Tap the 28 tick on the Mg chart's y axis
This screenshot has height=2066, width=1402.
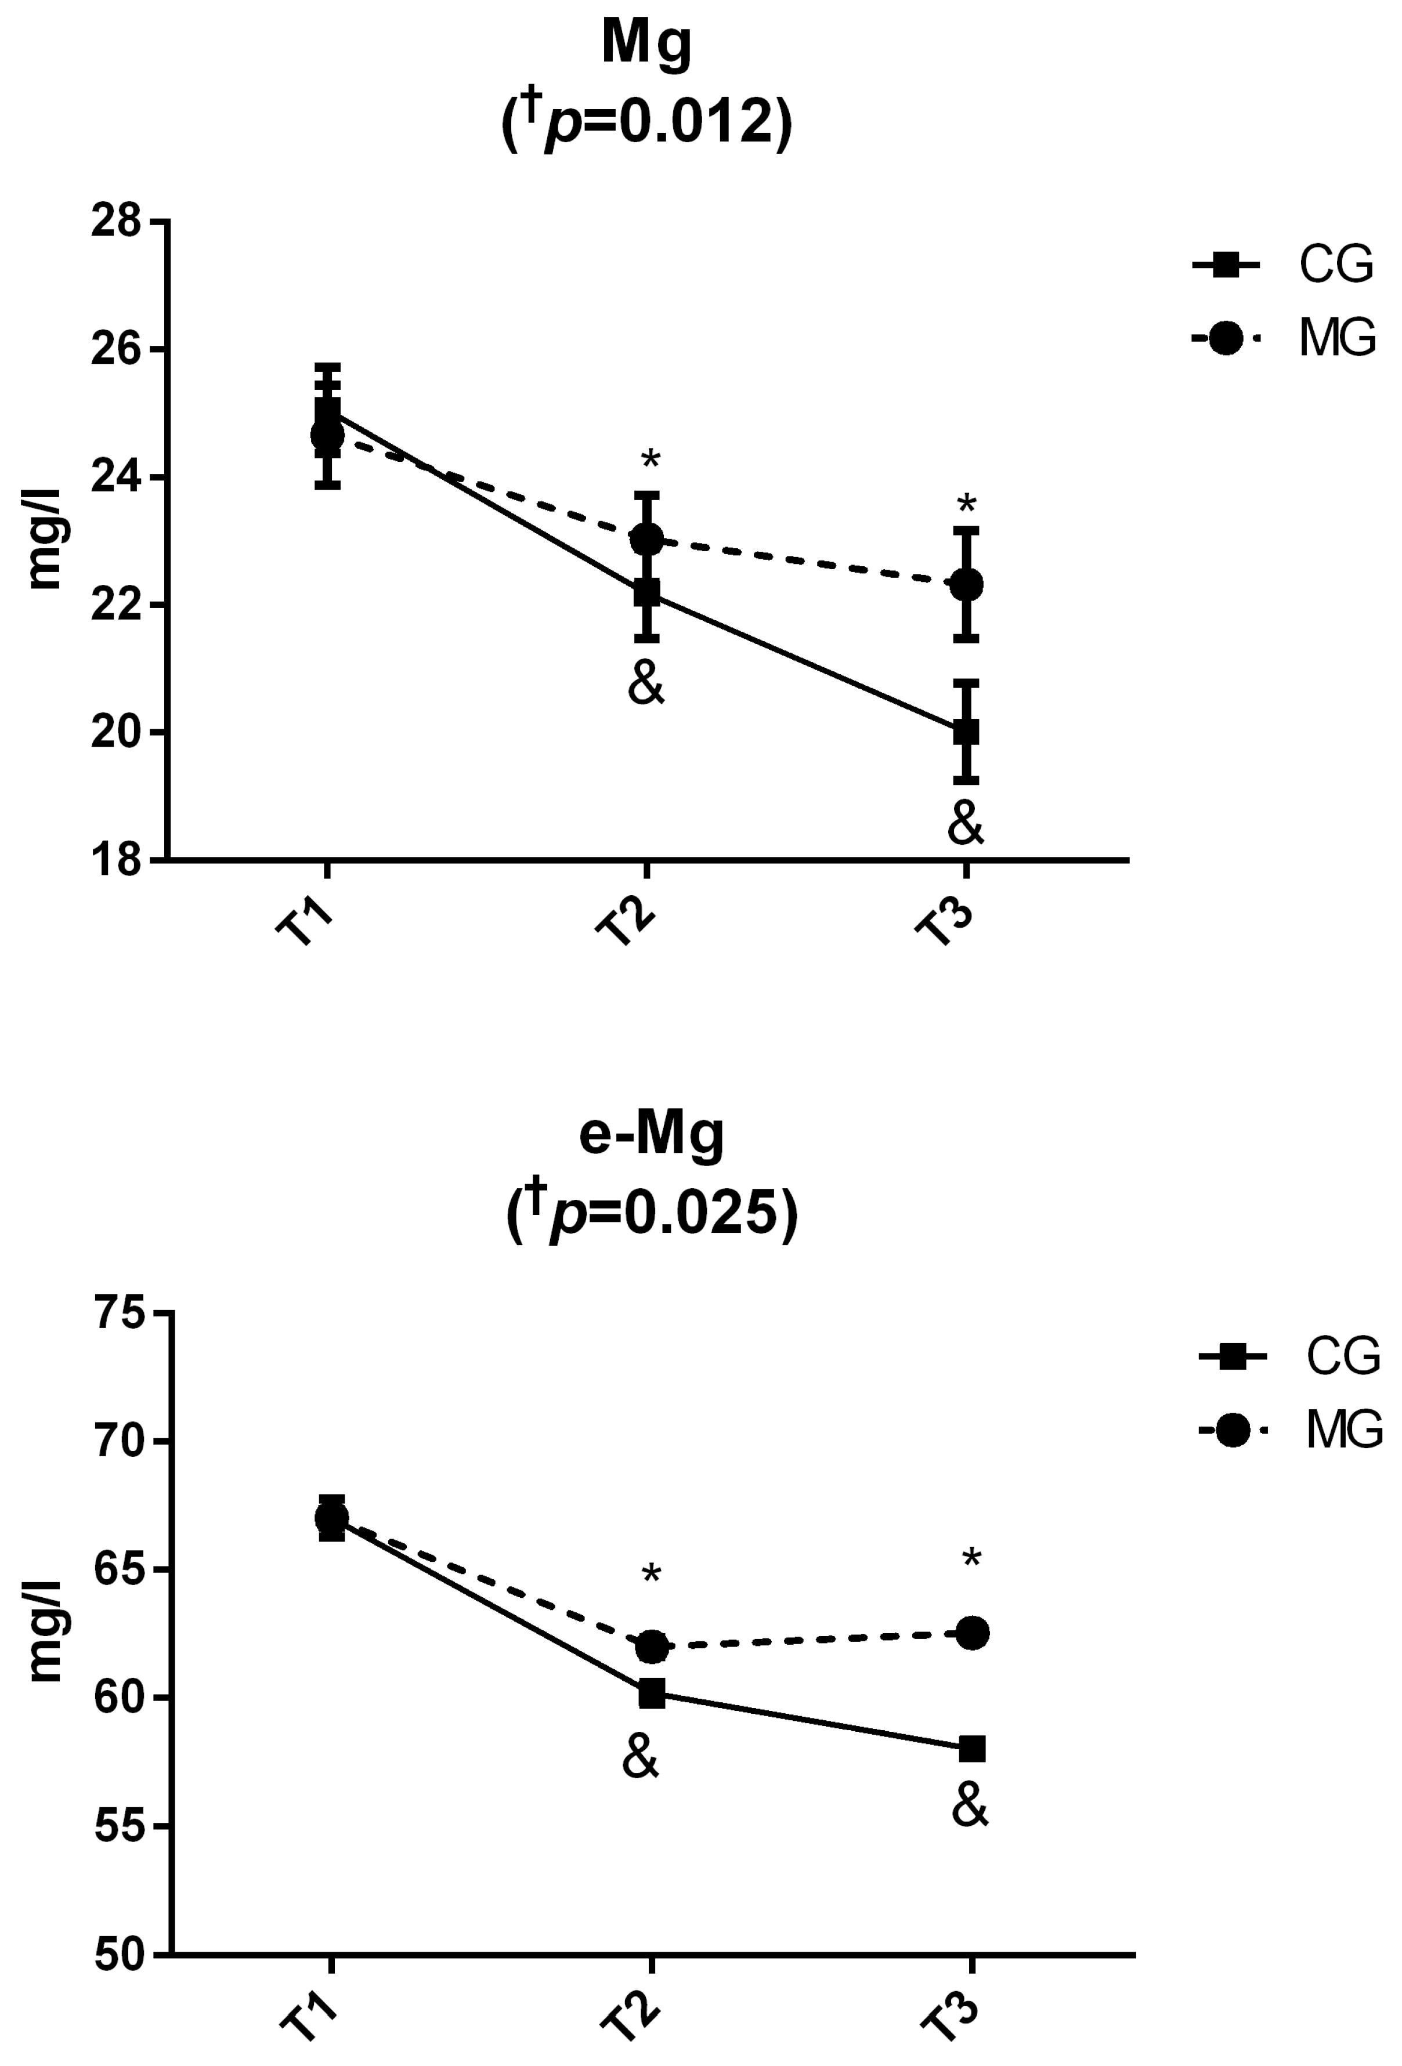(117, 222)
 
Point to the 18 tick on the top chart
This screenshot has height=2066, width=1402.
(117, 860)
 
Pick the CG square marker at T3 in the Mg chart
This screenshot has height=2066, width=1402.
(966, 732)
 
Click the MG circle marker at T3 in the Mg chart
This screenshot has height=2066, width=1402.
(966, 585)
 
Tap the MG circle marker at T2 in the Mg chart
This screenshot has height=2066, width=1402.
(646, 539)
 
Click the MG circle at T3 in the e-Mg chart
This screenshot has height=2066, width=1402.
(972, 1632)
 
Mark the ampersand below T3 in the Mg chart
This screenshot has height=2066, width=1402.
(966, 825)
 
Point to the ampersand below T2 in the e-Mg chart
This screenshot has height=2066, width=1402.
(641, 1759)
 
